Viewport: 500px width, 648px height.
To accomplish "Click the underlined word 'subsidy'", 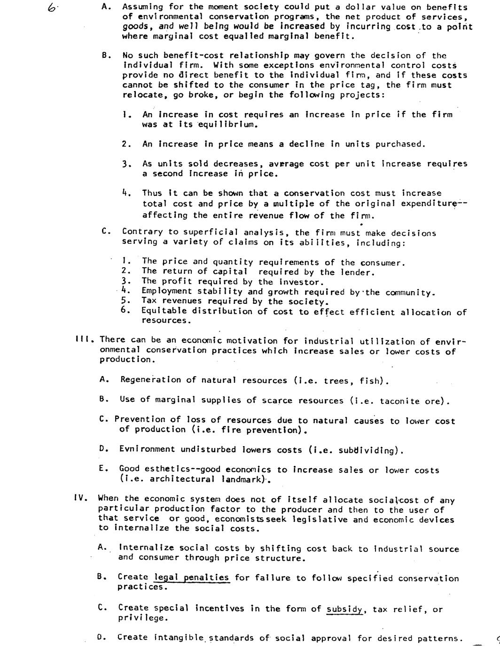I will click(344, 609).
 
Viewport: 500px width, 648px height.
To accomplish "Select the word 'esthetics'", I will click(167, 469).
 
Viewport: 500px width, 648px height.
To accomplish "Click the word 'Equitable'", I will click(164, 311).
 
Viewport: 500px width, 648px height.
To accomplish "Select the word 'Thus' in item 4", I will click(152, 193).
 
